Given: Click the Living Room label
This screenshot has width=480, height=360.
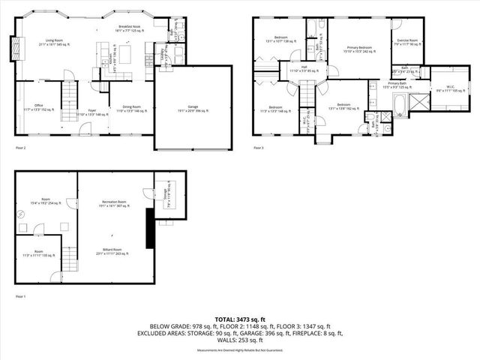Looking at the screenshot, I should coord(52,42).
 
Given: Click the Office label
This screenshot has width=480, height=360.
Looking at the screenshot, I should coord(38,107).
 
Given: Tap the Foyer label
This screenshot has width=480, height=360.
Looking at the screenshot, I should coord(82,112).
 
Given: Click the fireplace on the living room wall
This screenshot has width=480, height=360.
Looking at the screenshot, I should coord(10,49).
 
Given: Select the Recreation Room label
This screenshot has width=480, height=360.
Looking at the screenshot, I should coord(113,205).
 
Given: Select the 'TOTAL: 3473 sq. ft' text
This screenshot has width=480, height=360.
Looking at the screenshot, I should coord(240,319).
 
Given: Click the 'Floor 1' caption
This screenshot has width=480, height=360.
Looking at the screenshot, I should coord(21,297).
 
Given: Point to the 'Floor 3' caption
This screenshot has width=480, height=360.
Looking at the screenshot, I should coord(258,148).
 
